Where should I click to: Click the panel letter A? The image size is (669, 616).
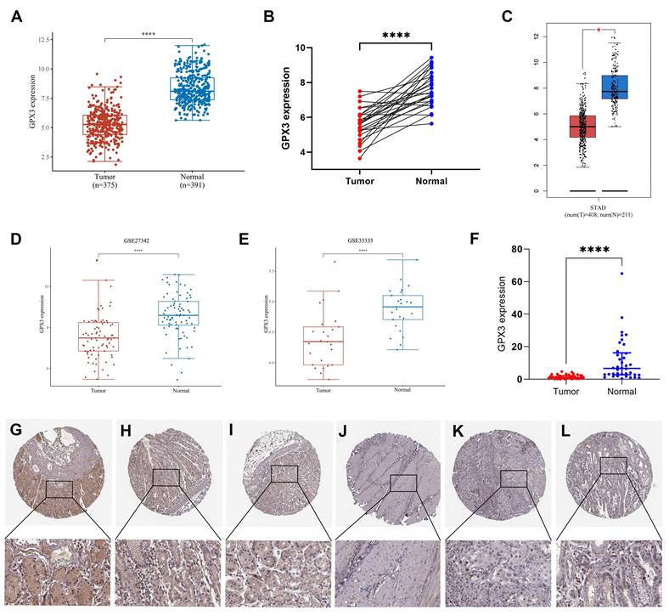(16, 15)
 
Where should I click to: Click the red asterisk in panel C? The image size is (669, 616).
(600, 31)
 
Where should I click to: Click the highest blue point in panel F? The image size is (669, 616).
(621, 274)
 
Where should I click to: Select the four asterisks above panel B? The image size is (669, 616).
(396, 36)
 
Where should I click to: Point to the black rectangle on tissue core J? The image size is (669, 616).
(403, 483)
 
